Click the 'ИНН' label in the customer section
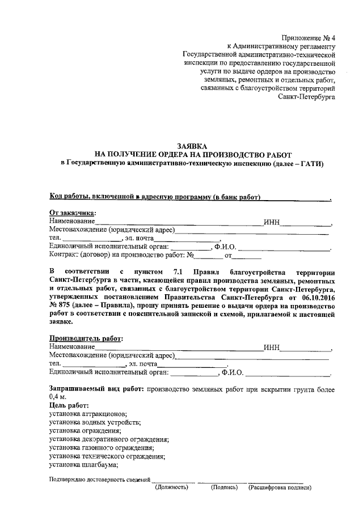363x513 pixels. (272, 222)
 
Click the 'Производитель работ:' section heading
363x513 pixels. (86, 338)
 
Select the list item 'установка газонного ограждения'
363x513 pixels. (102, 448)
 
